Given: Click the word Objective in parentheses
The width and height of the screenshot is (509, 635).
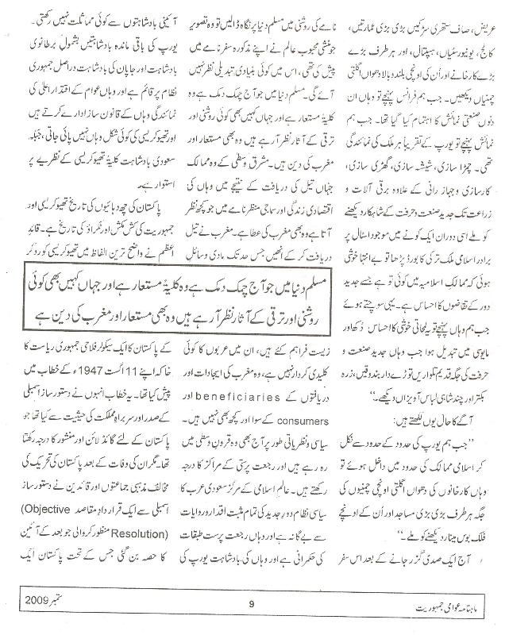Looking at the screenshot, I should [x=129, y=485].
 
